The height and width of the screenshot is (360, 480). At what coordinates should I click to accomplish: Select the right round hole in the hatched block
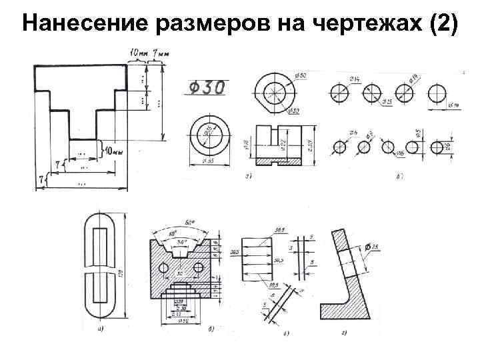(199, 267)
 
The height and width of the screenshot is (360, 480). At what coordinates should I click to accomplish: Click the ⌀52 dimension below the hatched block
(180, 321)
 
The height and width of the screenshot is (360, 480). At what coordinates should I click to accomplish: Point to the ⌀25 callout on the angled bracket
(375, 249)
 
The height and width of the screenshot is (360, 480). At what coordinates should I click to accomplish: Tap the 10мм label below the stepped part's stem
(110, 152)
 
